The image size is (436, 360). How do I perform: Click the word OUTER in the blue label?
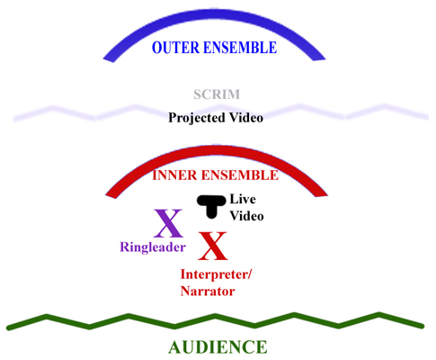pos(175,48)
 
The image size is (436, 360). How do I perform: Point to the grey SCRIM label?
pos(217,94)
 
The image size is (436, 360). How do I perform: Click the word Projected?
pos(197,118)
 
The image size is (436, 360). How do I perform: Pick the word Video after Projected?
pos(246,117)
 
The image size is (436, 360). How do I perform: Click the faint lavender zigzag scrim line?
pos(221,112)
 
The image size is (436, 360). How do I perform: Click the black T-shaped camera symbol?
pos(211,206)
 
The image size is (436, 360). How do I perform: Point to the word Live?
pos(243,199)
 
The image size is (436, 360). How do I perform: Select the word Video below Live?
pos(247,216)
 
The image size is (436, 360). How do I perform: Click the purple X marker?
pos(168,223)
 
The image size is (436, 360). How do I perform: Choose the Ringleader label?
pos(153,247)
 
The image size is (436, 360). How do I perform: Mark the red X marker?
pos(213,246)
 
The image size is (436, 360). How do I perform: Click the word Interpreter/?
pos(216,274)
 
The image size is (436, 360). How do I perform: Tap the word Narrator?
pos(208,292)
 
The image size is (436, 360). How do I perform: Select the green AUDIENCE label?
pos(218,347)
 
